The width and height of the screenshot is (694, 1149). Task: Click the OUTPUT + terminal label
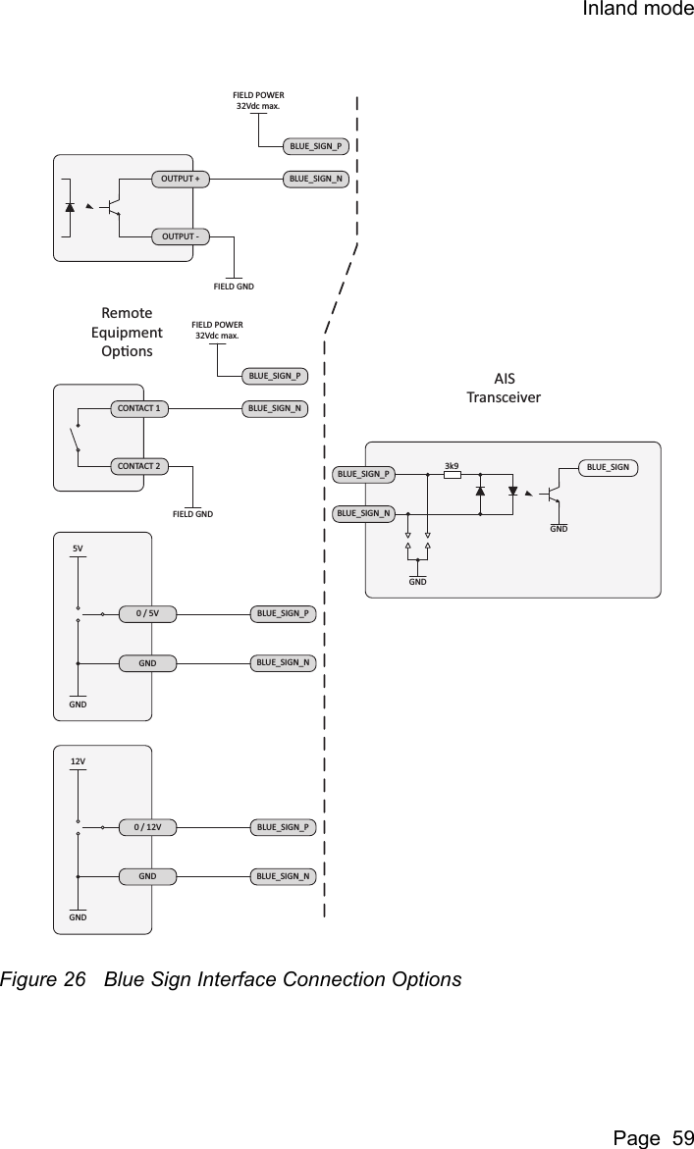coord(181,180)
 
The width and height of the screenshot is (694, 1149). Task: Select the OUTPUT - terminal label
coord(181,236)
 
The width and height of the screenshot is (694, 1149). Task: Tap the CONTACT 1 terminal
coord(138,407)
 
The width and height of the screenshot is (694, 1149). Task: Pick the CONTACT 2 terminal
coord(138,465)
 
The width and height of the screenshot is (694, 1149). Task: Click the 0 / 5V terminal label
coord(147,614)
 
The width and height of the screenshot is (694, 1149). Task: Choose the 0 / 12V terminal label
coord(147,827)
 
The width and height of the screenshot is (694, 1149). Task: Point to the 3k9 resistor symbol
coord(453,475)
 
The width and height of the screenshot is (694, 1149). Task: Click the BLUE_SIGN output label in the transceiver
coord(608,467)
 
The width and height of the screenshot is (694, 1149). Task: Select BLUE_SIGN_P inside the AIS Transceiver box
coord(363,475)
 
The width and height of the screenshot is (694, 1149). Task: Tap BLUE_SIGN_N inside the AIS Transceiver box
coord(363,512)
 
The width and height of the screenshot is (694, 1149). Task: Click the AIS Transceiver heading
coord(503,388)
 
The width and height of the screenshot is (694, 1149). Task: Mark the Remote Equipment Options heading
coord(127,332)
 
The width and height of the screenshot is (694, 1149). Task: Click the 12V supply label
coord(79,761)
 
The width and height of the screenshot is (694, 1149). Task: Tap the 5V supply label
coord(79,548)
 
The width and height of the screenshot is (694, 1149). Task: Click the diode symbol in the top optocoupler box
coord(70,208)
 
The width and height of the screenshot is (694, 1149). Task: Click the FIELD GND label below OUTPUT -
coord(234,287)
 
